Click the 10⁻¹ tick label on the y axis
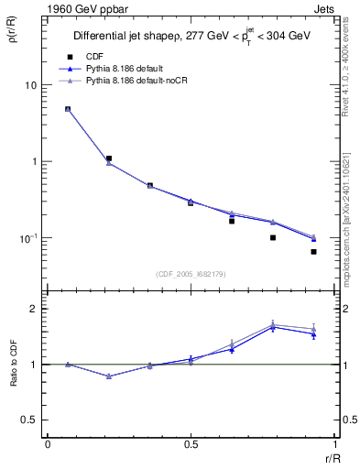[x=27, y=238]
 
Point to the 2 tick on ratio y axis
[x=34, y=309]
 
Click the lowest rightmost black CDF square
[x=313, y=251]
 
